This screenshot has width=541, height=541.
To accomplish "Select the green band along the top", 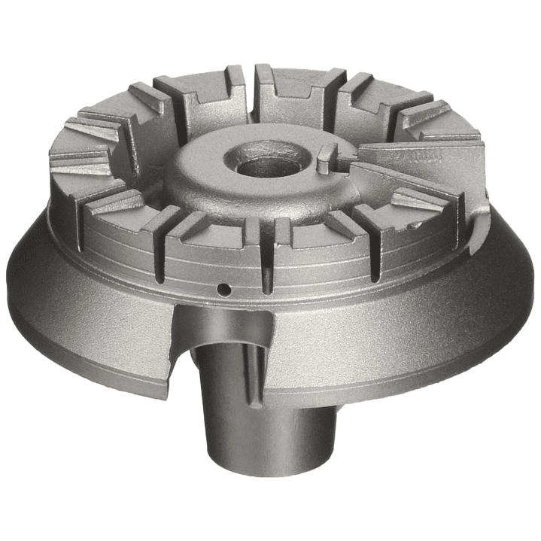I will pos(270,29).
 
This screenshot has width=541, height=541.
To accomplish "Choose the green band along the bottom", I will pos(270,512).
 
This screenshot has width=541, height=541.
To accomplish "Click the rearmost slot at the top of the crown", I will pos(245,79).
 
